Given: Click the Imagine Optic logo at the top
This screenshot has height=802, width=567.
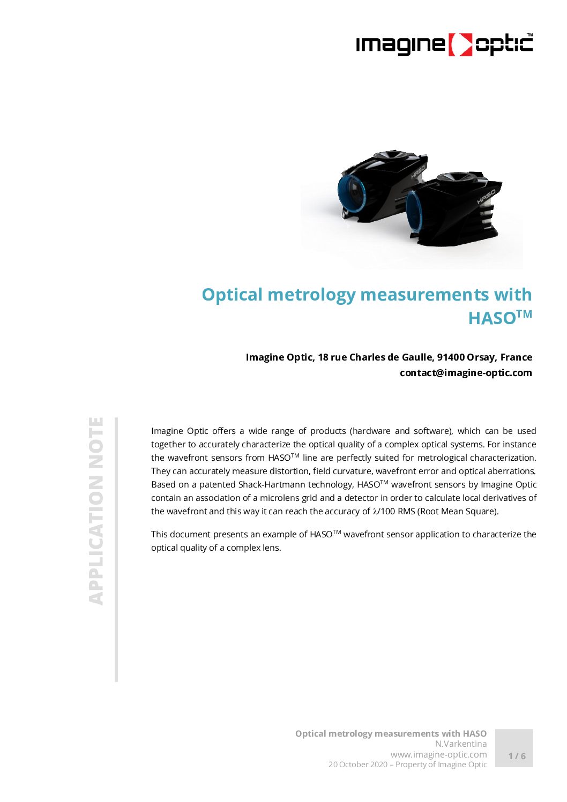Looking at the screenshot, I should (x=444, y=44).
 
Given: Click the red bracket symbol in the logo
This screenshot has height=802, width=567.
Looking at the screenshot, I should (x=460, y=45).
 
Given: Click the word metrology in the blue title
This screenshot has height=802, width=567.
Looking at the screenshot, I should (x=311, y=295).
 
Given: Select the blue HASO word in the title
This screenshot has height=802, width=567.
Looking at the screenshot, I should (x=491, y=318).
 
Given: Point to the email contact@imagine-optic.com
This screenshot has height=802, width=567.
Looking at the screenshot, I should (x=466, y=373).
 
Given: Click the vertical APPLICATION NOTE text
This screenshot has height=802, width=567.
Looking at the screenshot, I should (x=96, y=511).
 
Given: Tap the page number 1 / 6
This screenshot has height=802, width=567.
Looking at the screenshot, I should (x=517, y=756).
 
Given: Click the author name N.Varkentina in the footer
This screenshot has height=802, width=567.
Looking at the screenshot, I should (x=460, y=744).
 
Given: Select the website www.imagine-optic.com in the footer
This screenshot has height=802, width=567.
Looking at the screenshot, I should (x=438, y=754).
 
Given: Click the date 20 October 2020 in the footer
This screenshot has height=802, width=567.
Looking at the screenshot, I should (x=357, y=764).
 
